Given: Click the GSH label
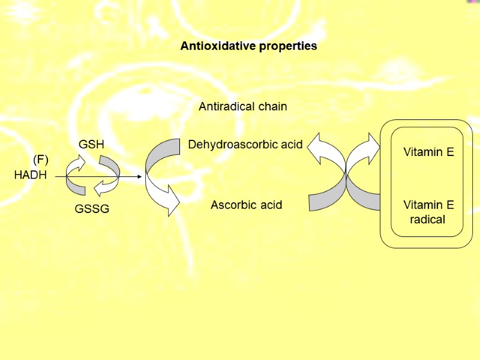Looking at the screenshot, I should pyautogui.click(x=91, y=145).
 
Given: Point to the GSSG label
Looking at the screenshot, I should pyautogui.click(x=92, y=209).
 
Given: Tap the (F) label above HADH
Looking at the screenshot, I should pyautogui.click(x=41, y=159).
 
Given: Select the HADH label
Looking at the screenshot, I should pyautogui.click(x=30, y=176).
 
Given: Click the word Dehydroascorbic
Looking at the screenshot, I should pyautogui.click(x=231, y=145).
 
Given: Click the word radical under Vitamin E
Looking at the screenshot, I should pyautogui.click(x=428, y=220).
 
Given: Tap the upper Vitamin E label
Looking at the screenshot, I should pyautogui.click(x=428, y=152).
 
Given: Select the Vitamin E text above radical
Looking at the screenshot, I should pyautogui.click(x=428, y=205).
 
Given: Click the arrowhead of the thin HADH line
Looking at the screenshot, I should pyautogui.click(x=139, y=177).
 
